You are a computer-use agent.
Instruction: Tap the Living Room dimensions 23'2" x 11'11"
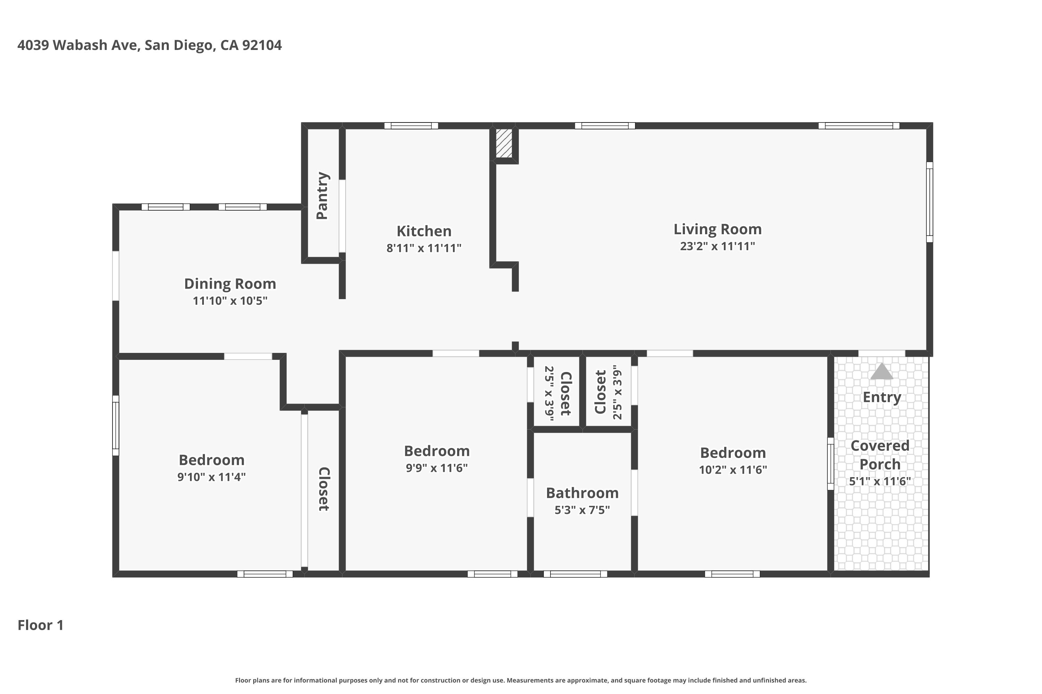717,246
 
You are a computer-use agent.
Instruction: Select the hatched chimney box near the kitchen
504,143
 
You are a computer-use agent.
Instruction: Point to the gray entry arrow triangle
881,372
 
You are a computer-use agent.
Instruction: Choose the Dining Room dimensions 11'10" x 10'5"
230,301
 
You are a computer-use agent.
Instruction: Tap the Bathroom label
582,493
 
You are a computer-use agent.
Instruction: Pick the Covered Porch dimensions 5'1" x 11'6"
879,482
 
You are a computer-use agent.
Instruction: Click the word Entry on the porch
882,397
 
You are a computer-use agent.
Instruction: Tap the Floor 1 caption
41,625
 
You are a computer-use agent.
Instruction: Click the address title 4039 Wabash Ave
149,45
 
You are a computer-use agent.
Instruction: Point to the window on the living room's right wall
929,202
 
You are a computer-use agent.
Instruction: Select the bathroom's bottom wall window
575,574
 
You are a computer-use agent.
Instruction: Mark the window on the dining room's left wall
116,276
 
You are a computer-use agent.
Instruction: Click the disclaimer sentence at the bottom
521,680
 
